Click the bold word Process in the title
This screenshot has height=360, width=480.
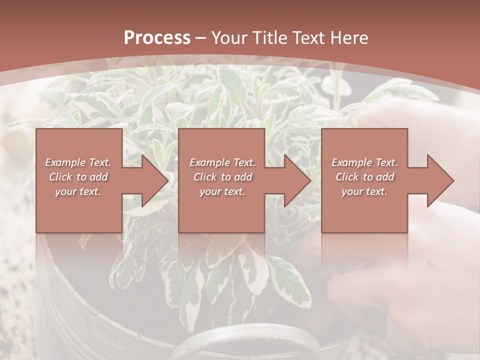pos(157,38)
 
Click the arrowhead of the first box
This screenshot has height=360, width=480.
pos(153,180)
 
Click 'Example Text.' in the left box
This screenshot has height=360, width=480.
pos(78,162)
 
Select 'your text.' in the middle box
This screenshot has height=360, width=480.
pos(222,191)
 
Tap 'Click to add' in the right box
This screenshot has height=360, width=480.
pos(365,177)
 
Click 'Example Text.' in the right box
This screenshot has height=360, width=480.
pos(364,162)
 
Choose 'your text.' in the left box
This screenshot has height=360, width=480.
pos(78,191)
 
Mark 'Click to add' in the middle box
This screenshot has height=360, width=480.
pos(222,177)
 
